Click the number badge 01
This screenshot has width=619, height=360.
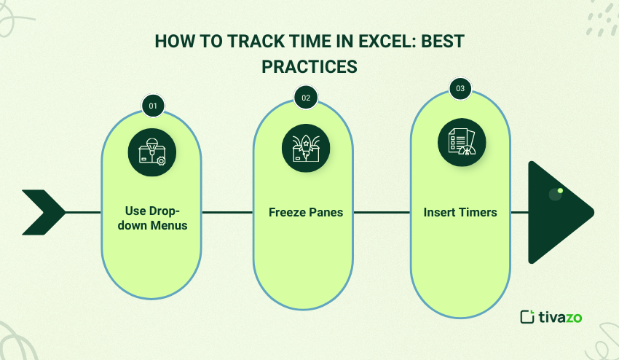click(x=153, y=106)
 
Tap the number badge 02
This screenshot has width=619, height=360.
click(x=306, y=98)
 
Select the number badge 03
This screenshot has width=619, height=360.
click(x=460, y=88)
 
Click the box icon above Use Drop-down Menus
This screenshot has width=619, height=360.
click(x=152, y=152)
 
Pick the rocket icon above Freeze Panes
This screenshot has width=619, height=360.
click(x=306, y=148)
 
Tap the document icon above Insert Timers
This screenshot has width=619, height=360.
click(x=462, y=142)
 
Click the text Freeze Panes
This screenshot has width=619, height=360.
click(x=306, y=212)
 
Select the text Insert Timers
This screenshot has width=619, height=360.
click(x=460, y=212)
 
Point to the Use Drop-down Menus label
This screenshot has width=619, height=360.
click(x=152, y=218)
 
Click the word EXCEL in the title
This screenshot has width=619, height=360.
click(x=379, y=41)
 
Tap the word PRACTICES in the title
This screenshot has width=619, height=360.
click(x=309, y=66)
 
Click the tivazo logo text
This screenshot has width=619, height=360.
click(x=560, y=317)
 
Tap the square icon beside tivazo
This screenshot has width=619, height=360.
click(x=527, y=316)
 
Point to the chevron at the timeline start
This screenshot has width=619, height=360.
click(x=44, y=212)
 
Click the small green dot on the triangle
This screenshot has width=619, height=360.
click(x=560, y=190)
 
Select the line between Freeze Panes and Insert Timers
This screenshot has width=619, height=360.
click(x=382, y=212)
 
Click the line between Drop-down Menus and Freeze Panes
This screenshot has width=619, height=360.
click(x=227, y=212)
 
